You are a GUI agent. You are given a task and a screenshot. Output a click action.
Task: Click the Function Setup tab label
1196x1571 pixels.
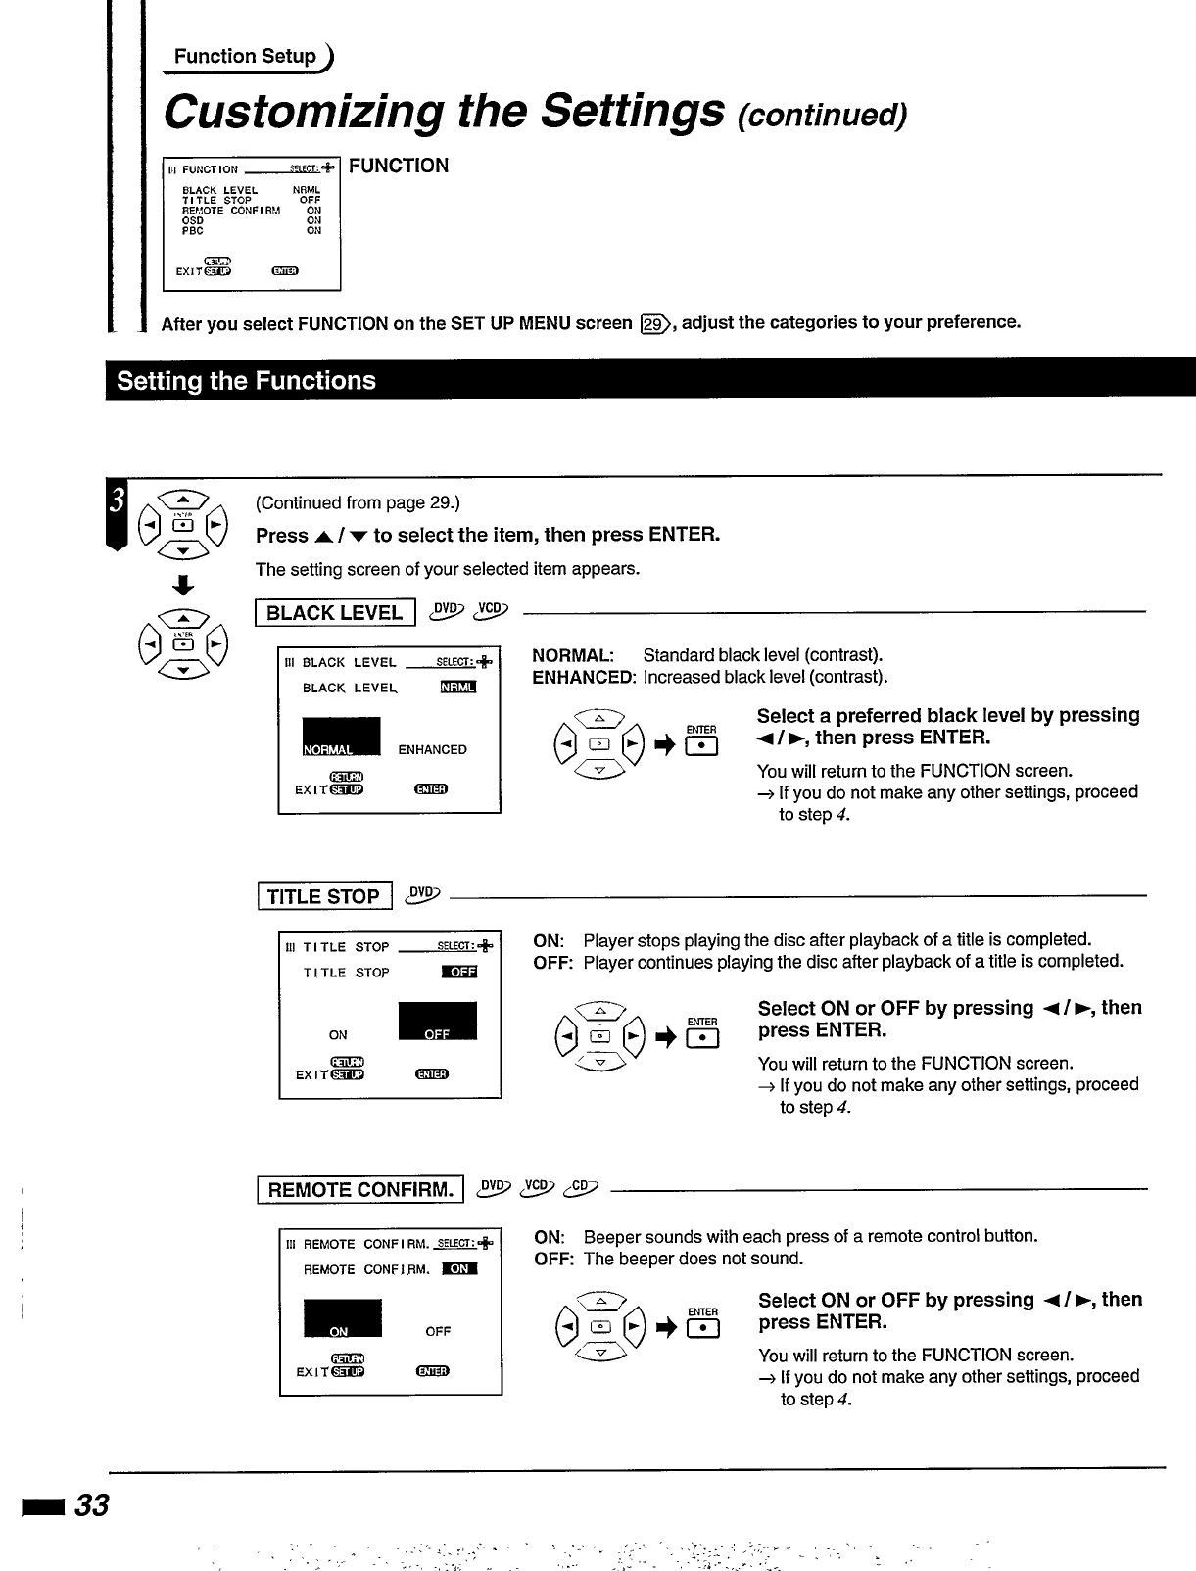tap(245, 56)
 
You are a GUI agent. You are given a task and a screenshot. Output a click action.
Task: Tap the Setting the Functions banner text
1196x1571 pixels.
tap(246, 380)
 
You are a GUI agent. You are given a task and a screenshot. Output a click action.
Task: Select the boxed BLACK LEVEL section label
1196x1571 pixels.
tap(335, 613)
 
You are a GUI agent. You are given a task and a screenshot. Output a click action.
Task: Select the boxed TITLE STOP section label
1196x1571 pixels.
tap(324, 896)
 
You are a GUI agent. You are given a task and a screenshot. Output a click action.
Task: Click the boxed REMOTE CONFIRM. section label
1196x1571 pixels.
tap(359, 1189)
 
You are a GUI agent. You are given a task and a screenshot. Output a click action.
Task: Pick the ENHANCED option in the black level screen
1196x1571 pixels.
tap(432, 750)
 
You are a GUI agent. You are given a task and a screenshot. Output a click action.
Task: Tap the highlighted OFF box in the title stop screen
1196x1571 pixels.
tap(437, 1022)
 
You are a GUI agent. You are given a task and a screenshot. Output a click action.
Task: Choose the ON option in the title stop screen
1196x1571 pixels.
tap(338, 1035)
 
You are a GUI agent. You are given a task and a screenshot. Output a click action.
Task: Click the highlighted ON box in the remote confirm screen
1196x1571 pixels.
tap(342, 1318)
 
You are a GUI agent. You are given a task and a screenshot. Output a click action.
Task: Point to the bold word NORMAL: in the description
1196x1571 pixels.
tap(573, 655)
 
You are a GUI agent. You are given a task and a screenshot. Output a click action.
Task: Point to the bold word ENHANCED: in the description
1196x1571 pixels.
tap(584, 677)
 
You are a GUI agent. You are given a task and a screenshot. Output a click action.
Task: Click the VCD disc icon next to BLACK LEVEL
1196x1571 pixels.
tap(492, 611)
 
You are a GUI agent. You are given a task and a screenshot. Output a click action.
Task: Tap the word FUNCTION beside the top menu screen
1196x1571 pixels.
tap(399, 166)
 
